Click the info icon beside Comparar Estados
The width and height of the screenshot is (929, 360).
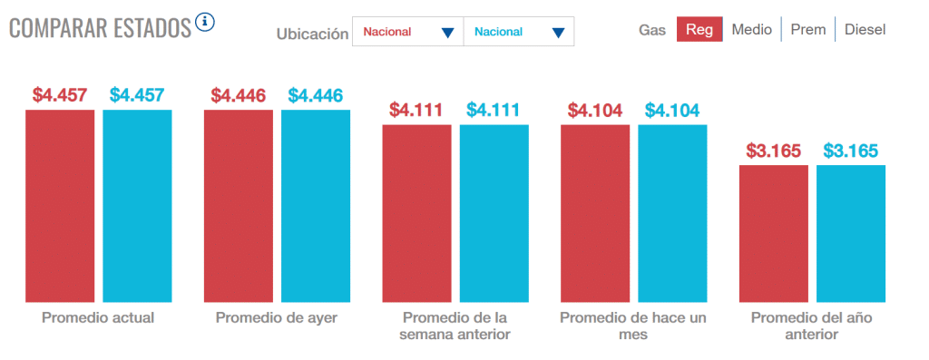(205, 23)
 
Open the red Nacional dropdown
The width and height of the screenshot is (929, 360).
(407, 32)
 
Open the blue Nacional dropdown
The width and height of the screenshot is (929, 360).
(518, 32)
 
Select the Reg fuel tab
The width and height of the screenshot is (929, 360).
(699, 30)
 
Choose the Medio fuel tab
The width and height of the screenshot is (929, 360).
(751, 30)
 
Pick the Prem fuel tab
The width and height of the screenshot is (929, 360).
(808, 30)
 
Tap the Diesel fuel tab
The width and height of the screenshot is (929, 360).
(865, 30)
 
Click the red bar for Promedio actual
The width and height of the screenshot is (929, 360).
(60, 206)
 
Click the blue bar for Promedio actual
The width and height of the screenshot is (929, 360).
(138, 206)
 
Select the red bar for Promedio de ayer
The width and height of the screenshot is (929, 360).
(239, 206)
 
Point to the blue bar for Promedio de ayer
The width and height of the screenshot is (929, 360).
(316, 206)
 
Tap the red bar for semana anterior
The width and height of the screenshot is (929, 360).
(417, 214)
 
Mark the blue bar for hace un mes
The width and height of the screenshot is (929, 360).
(672, 214)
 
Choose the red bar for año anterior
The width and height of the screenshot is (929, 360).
(774, 234)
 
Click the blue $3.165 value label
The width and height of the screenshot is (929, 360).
(851, 151)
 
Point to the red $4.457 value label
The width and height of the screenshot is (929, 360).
(60, 95)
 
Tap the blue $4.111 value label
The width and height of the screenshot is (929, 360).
(493, 110)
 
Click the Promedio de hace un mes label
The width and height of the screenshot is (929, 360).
(633, 326)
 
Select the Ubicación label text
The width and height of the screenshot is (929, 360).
(312, 34)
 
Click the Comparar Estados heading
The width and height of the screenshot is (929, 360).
(100, 28)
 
